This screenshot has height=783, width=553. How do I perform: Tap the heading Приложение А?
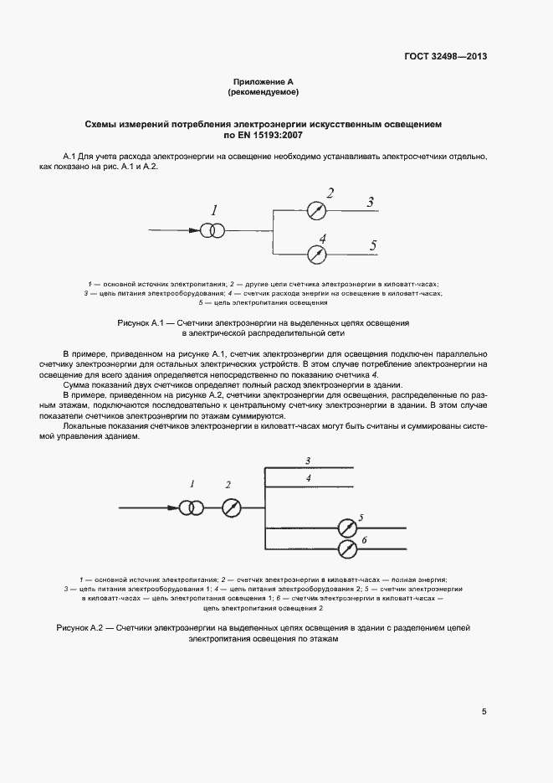pyautogui.click(x=264, y=82)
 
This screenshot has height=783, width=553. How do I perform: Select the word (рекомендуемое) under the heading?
pyautogui.click(x=264, y=92)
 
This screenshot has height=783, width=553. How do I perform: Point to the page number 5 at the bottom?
pyautogui.click(x=484, y=712)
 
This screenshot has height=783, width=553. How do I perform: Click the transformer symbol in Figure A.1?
pyautogui.click(x=211, y=229)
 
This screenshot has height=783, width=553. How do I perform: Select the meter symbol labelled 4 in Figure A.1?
pyautogui.click(x=315, y=252)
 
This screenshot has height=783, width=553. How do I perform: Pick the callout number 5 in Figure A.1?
pyautogui.click(x=373, y=244)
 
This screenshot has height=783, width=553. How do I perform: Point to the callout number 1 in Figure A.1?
pyautogui.click(x=214, y=209)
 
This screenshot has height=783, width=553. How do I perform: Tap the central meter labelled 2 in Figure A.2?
pyautogui.click(x=232, y=507)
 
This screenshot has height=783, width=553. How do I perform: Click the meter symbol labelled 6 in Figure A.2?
pyautogui.click(x=346, y=549)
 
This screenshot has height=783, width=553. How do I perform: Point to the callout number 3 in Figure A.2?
pyautogui.click(x=308, y=461)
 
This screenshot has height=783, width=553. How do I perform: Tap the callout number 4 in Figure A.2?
pyautogui.click(x=308, y=477)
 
